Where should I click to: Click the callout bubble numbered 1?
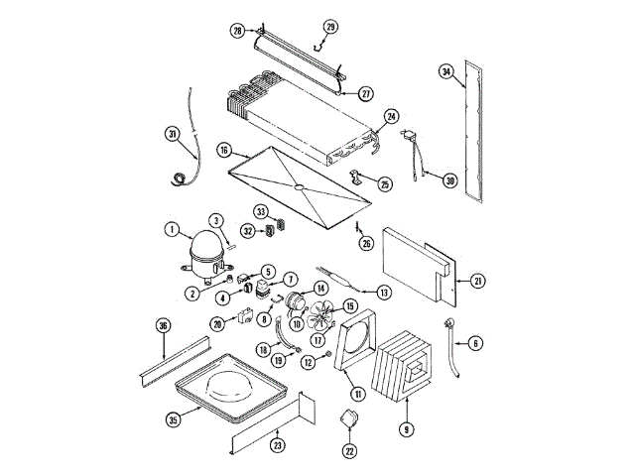[172, 231]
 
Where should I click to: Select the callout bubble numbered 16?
[224, 151]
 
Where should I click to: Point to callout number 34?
[446, 71]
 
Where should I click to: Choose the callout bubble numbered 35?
[174, 419]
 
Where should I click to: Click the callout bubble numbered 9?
[405, 429]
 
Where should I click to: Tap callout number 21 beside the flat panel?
[479, 282]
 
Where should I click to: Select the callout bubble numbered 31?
[172, 133]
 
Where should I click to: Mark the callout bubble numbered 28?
[237, 32]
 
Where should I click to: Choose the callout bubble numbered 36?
[164, 325]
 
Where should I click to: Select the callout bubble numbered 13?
[383, 292]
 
